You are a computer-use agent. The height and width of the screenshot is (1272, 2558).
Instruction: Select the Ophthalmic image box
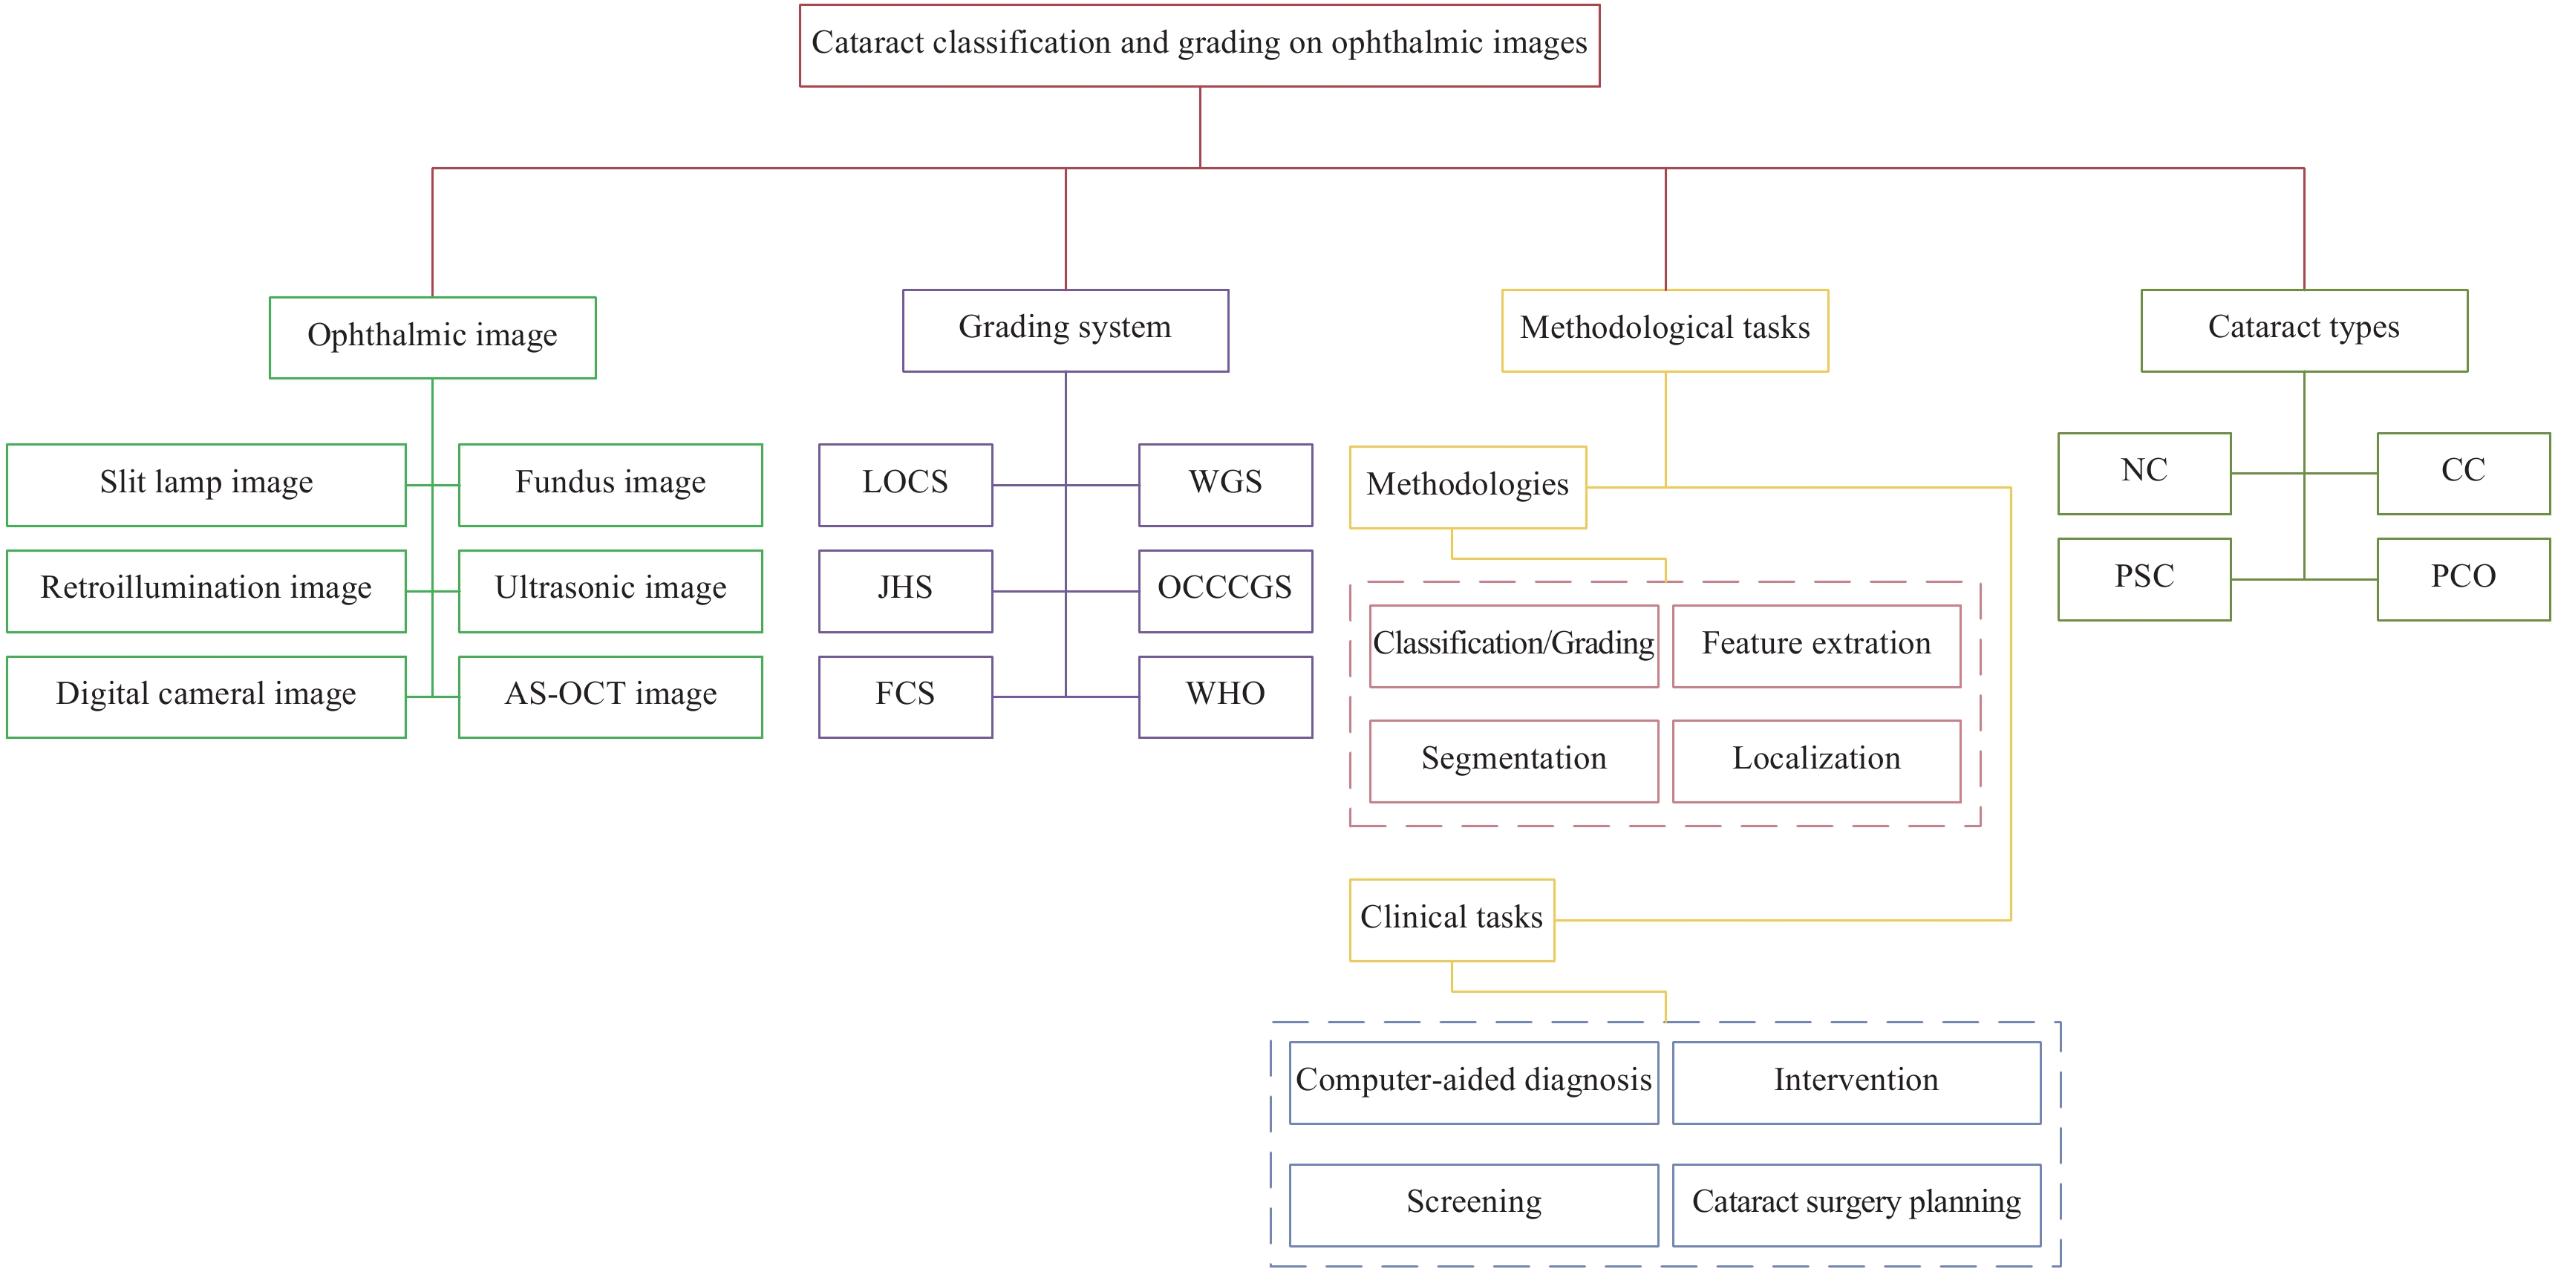pyautogui.click(x=432, y=338)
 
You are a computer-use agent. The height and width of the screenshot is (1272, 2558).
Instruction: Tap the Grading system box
pyautogui.click(x=1066, y=330)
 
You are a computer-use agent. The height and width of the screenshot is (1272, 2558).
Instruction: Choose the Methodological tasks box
pyautogui.click(x=1665, y=330)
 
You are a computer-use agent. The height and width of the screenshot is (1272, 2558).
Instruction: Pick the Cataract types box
pyautogui.click(x=2304, y=330)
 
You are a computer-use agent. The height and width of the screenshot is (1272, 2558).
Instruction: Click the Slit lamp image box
pyautogui.click(x=206, y=485)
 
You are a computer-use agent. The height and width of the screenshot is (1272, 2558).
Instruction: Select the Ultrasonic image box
pyautogui.click(x=610, y=591)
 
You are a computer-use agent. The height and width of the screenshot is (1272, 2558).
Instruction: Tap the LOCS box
pyautogui.click(x=906, y=485)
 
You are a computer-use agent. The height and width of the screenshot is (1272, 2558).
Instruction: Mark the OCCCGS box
pyautogui.click(x=1225, y=591)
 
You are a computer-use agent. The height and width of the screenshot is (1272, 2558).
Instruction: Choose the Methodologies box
pyautogui.click(x=1468, y=486)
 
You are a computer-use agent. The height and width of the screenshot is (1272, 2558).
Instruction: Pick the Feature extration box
pyautogui.click(x=1816, y=645)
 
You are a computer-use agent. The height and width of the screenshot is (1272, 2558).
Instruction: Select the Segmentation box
pyautogui.click(x=1513, y=760)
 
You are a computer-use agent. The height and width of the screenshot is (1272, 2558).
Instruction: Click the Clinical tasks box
pyautogui.click(x=1452, y=919)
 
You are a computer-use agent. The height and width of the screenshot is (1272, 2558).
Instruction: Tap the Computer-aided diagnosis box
pyautogui.click(x=1474, y=1083)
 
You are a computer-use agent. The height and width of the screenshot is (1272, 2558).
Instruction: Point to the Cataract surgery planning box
pyautogui.click(x=1856, y=1204)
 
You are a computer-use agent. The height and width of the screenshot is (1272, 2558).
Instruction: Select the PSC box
pyautogui.click(x=2145, y=579)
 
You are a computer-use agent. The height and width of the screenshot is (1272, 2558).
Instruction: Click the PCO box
pyautogui.click(x=2464, y=579)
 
